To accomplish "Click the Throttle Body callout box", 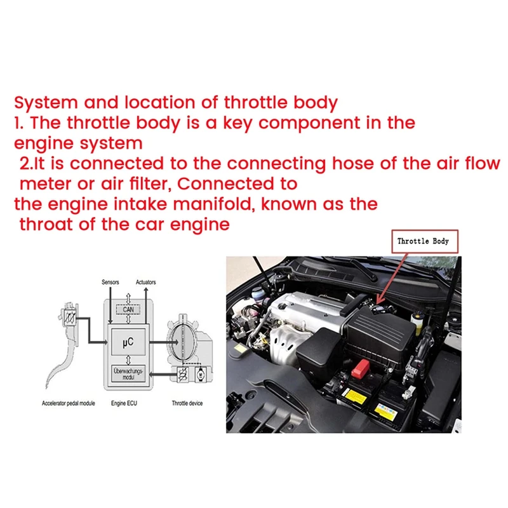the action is [422, 241].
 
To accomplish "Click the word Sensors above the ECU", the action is [110, 282].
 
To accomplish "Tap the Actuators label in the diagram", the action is [145, 282].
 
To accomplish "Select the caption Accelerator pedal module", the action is [68, 404].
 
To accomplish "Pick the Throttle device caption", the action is [187, 404].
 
